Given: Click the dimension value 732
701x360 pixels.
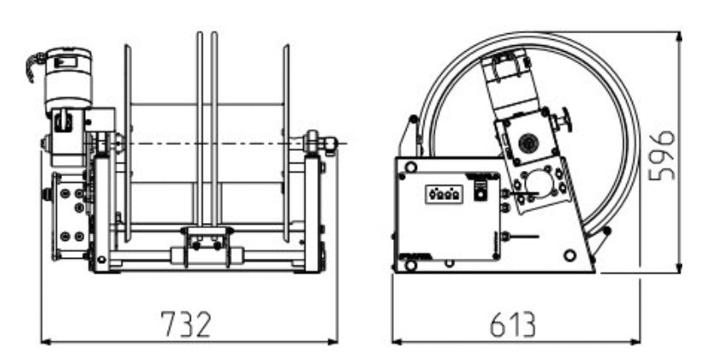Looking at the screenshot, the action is pyautogui.click(x=185, y=324).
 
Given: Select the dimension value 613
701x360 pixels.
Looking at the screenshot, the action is pyautogui.click(x=512, y=324).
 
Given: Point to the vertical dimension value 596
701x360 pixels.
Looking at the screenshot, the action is pyautogui.click(x=662, y=155).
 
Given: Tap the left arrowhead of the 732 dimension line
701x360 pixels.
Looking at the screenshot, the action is pyautogui.click(x=46, y=341).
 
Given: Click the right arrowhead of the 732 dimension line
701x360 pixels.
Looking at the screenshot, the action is pyautogui.click(x=333, y=341).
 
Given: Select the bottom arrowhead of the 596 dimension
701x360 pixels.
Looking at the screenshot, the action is pyautogui.click(x=679, y=268).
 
